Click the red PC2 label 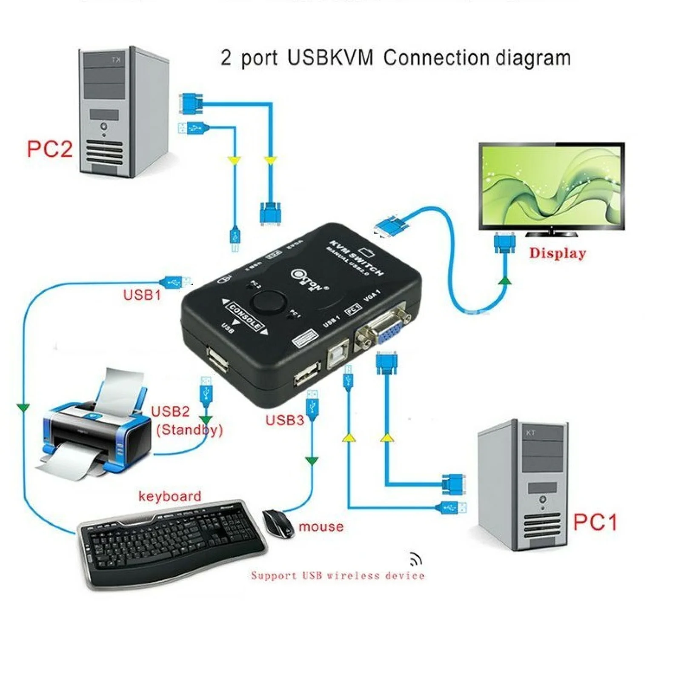pos(49,149)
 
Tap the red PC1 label pos(595,522)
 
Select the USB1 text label pos(142,295)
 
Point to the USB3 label pos(285,420)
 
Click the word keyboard pos(170,496)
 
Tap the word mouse pos(321,526)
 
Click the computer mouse pos(278,523)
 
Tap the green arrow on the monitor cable pos(505,280)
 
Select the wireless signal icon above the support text pos(415,558)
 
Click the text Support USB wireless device pos(338,575)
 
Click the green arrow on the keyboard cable pos(23,408)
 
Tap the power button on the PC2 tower pos(104,126)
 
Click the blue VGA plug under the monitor pos(505,243)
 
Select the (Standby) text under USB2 pos(189,429)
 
